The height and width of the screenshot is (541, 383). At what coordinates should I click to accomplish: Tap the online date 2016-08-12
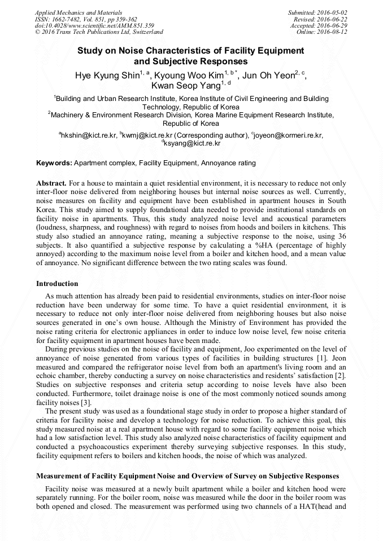coord(334,32)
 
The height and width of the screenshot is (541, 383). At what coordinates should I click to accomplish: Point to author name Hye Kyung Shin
coord(107,76)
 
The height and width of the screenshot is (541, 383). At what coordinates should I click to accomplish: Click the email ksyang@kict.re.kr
coord(193,143)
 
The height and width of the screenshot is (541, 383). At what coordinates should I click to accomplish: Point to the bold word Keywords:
coord(54,163)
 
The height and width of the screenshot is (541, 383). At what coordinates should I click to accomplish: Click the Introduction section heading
coord(57,283)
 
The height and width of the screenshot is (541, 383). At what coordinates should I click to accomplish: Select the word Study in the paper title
coord(90,51)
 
